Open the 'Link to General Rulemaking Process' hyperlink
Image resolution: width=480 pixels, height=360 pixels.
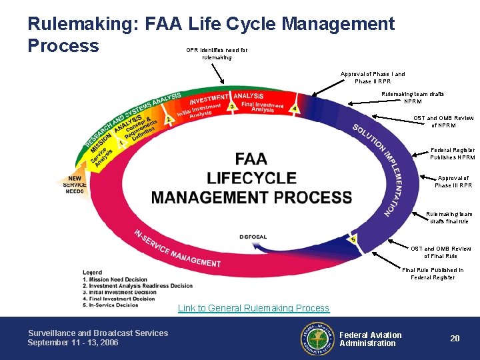click(253, 308)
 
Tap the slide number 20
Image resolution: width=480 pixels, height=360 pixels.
click(455, 339)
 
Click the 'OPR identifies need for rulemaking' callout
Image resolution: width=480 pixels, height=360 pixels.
click(217, 53)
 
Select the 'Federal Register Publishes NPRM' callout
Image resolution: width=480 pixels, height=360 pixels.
click(453, 154)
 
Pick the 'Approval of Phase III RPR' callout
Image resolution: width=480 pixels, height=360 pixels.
click(453, 181)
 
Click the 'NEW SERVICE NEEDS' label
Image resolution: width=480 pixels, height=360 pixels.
click(75, 185)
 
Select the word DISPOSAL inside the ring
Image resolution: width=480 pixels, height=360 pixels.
click(253, 237)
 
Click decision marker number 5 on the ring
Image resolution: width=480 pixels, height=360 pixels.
click(353, 239)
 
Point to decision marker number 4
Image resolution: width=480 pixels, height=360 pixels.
click(294, 108)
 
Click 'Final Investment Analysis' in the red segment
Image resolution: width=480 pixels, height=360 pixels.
click(263, 107)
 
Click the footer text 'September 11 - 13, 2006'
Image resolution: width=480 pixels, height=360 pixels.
click(73, 343)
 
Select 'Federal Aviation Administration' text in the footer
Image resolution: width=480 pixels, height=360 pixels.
click(370, 339)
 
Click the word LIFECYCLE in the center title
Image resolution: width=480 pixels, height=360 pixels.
click(251, 178)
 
